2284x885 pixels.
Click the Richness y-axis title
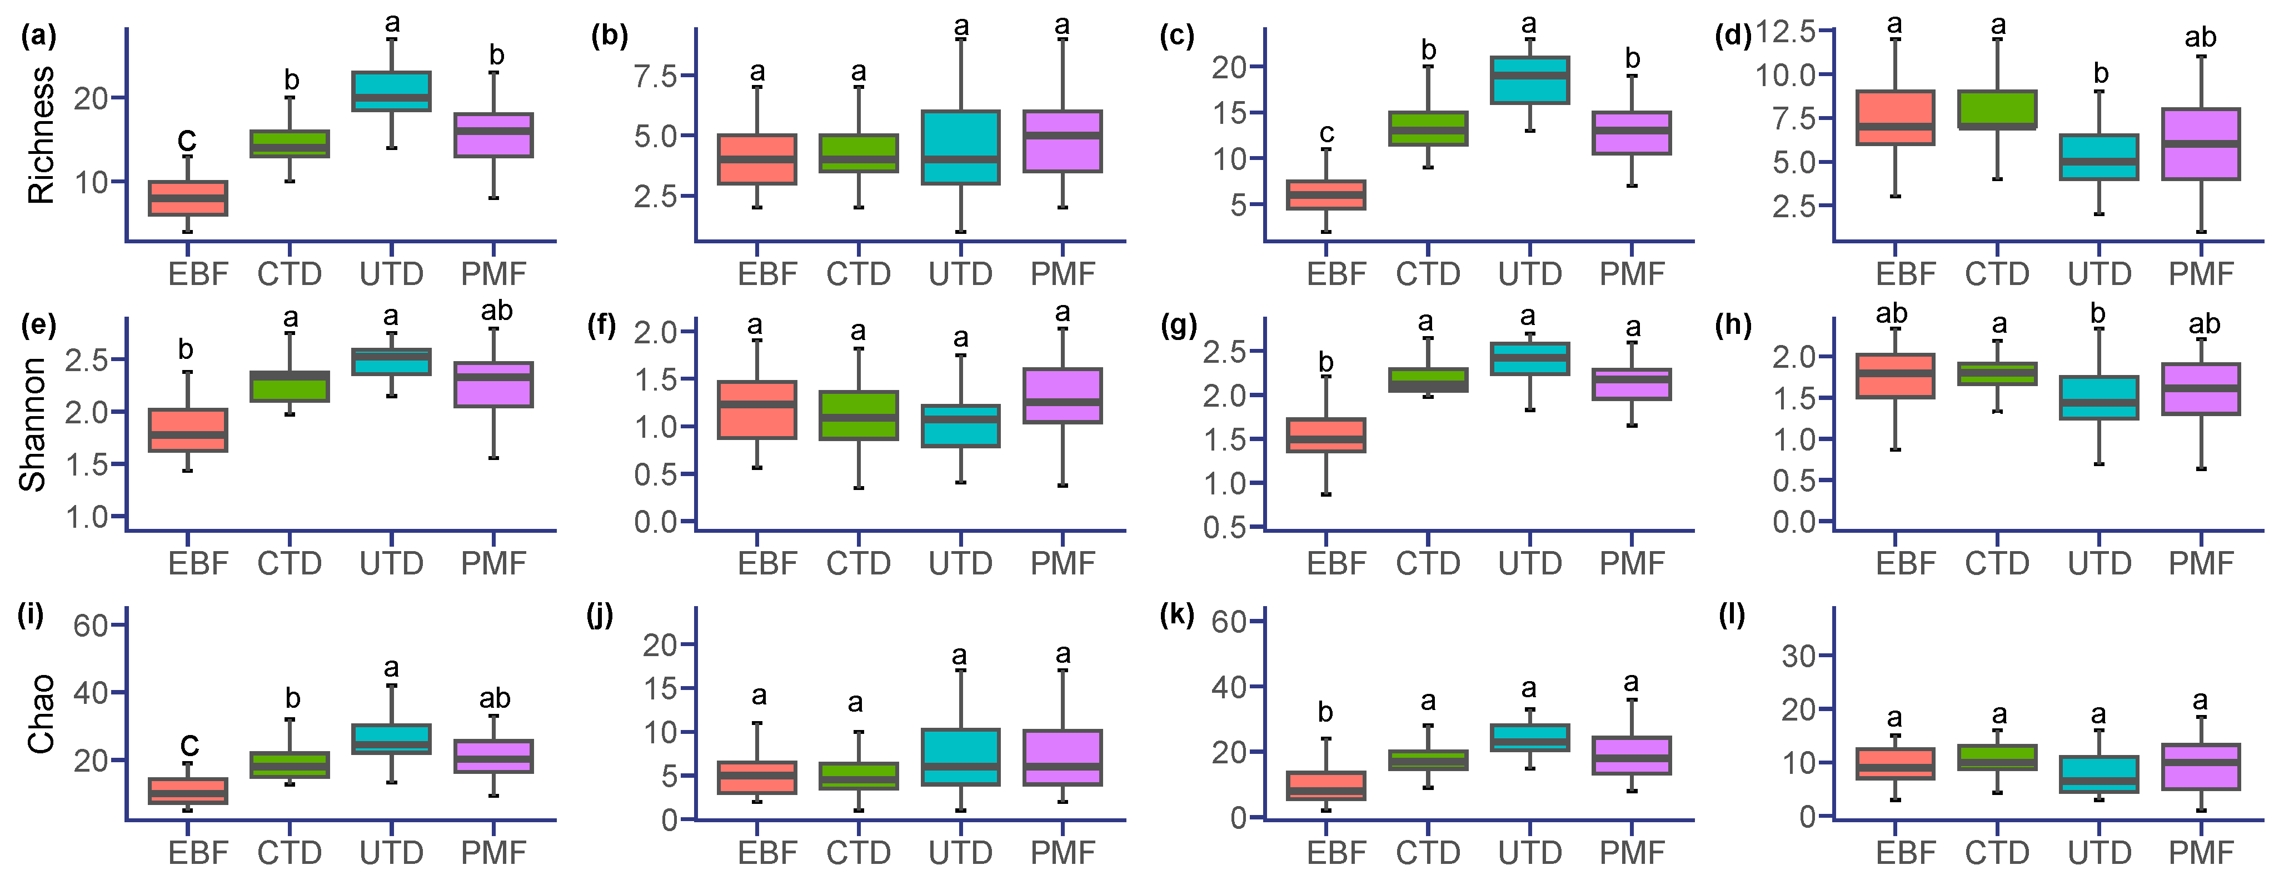tap(41, 135)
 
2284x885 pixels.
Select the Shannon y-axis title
tap(34, 424)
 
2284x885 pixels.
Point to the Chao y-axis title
tap(41, 714)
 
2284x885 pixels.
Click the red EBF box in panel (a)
tap(187, 198)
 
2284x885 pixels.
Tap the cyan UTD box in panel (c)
tap(1529, 80)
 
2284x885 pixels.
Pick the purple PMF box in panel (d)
tap(2201, 144)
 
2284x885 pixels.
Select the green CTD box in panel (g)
tap(1428, 379)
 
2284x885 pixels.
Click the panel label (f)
tap(602, 326)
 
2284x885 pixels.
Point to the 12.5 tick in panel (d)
tap(1786, 31)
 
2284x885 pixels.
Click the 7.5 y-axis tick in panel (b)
tap(655, 76)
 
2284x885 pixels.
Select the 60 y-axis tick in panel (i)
tap(91, 626)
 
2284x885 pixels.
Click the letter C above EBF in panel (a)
tap(186, 140)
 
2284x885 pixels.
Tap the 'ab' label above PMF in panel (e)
tap(496, 311)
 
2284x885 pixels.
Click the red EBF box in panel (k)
tap(1325, 786)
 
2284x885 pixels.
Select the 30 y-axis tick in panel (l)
tap(1798, 656)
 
